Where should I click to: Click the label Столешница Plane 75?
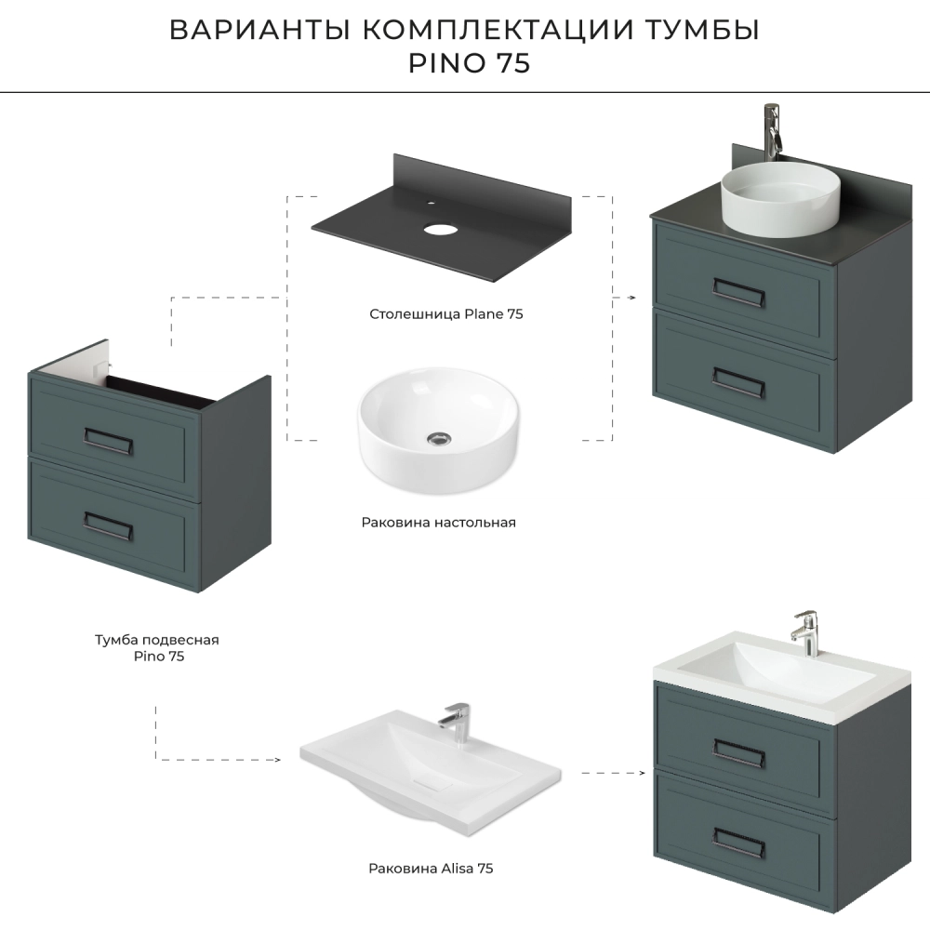pyautogui.click(x=446, y=313)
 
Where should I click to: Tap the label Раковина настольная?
pyautogui.click(x=438, y=523)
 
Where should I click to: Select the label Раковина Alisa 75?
pyautogui.click(x=431, y=869)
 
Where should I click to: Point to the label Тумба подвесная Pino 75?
pyautogui.click(x=157, y=647)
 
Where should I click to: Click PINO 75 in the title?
pyautogui.click(x=469, y=63)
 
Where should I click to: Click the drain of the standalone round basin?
pyautogui.click(x=439, y=438)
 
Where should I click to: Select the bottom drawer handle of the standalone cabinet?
pyautogui.click(x=107, y=525)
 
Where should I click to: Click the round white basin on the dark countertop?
pyautogui.click(x=780, y=199)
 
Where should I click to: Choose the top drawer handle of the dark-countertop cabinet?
pyautogui.click(x=737, y=292)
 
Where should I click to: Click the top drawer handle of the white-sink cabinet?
pyautogui.click(x=738, y=753)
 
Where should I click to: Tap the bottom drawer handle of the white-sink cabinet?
pyautogui.click(x=738, y=844)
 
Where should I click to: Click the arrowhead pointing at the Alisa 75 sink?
pyautogui.click(x=277, y=760)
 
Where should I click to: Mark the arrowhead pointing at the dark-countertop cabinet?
pyautogui.click(x=631, y=298)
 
